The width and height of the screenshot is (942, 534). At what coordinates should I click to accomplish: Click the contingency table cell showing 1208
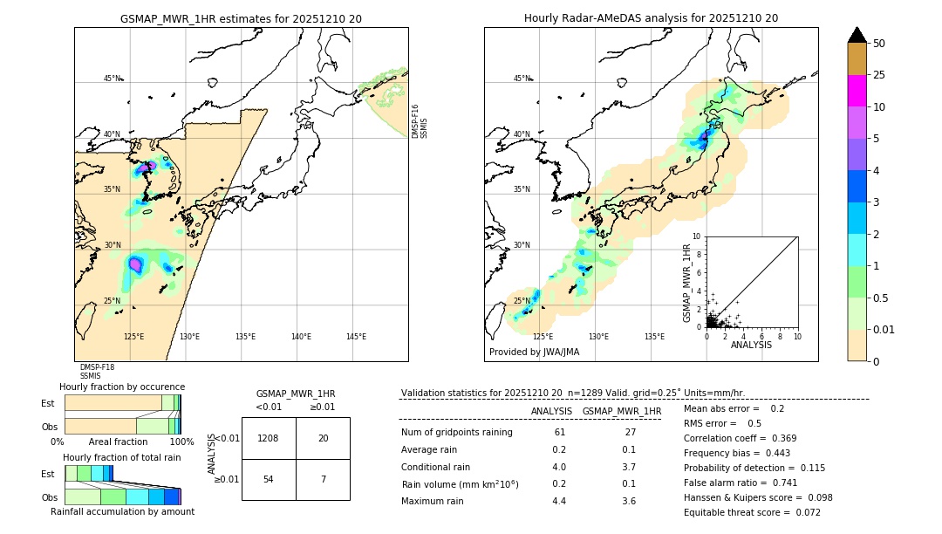[x=269, y=438]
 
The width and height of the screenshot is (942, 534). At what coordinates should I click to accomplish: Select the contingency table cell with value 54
[x=269, y=480]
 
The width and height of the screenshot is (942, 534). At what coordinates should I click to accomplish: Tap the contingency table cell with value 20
[x=323, y=438]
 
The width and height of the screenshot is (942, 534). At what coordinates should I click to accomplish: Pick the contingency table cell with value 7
[x=323, y=480]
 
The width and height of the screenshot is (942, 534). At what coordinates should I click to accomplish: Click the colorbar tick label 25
[x=880, y=75]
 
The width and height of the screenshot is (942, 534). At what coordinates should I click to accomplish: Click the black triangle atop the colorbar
[x=857, y=35]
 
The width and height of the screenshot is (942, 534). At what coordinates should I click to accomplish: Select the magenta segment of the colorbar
[x=857, y=91]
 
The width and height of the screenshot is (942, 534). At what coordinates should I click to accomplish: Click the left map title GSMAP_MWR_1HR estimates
[x=241, y=18]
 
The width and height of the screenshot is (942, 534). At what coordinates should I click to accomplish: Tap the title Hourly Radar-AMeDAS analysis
[x=651, y=18]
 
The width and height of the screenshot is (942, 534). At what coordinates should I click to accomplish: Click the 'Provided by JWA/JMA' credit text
[x=534, y=352]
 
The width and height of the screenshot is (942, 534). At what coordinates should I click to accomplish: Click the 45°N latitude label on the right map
[x=522, y=79]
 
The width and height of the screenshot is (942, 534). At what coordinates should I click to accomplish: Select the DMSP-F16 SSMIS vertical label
[x=420, y=121]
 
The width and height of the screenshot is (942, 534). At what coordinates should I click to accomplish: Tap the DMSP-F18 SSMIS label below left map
[x=97, y=372]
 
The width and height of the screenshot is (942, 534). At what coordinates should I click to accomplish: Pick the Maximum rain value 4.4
[x=559, y=501]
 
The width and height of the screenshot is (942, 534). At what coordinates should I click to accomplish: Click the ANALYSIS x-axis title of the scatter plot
[x=751, y=345]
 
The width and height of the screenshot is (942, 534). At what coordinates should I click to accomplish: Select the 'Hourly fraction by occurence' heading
[x=122, y=387]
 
